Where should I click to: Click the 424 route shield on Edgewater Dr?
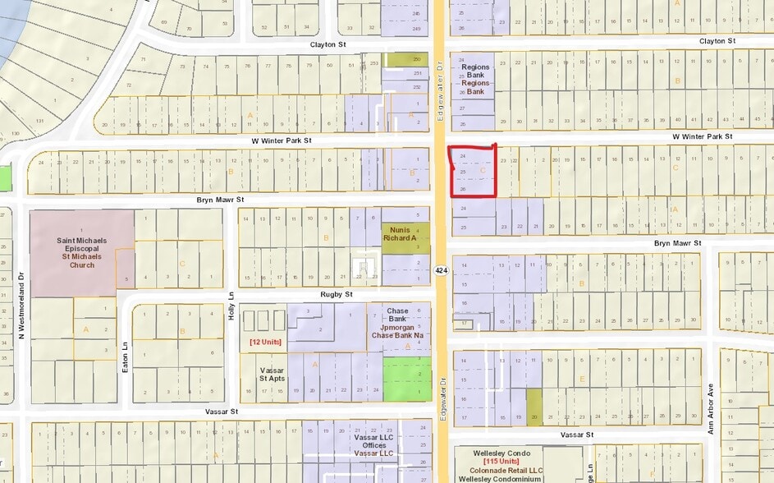(x=441, y=269)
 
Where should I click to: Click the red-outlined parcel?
(x=474, y=171)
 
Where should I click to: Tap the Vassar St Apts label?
(x=271, y=375)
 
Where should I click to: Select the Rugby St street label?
(x=337, y=293)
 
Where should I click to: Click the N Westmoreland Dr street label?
(x=22, y=305)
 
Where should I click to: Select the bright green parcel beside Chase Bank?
(x=406, y=379)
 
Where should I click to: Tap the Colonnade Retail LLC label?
(x=506, y=471)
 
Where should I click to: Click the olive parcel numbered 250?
(x=417, y=59)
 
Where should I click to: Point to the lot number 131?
(x=39, y=121)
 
